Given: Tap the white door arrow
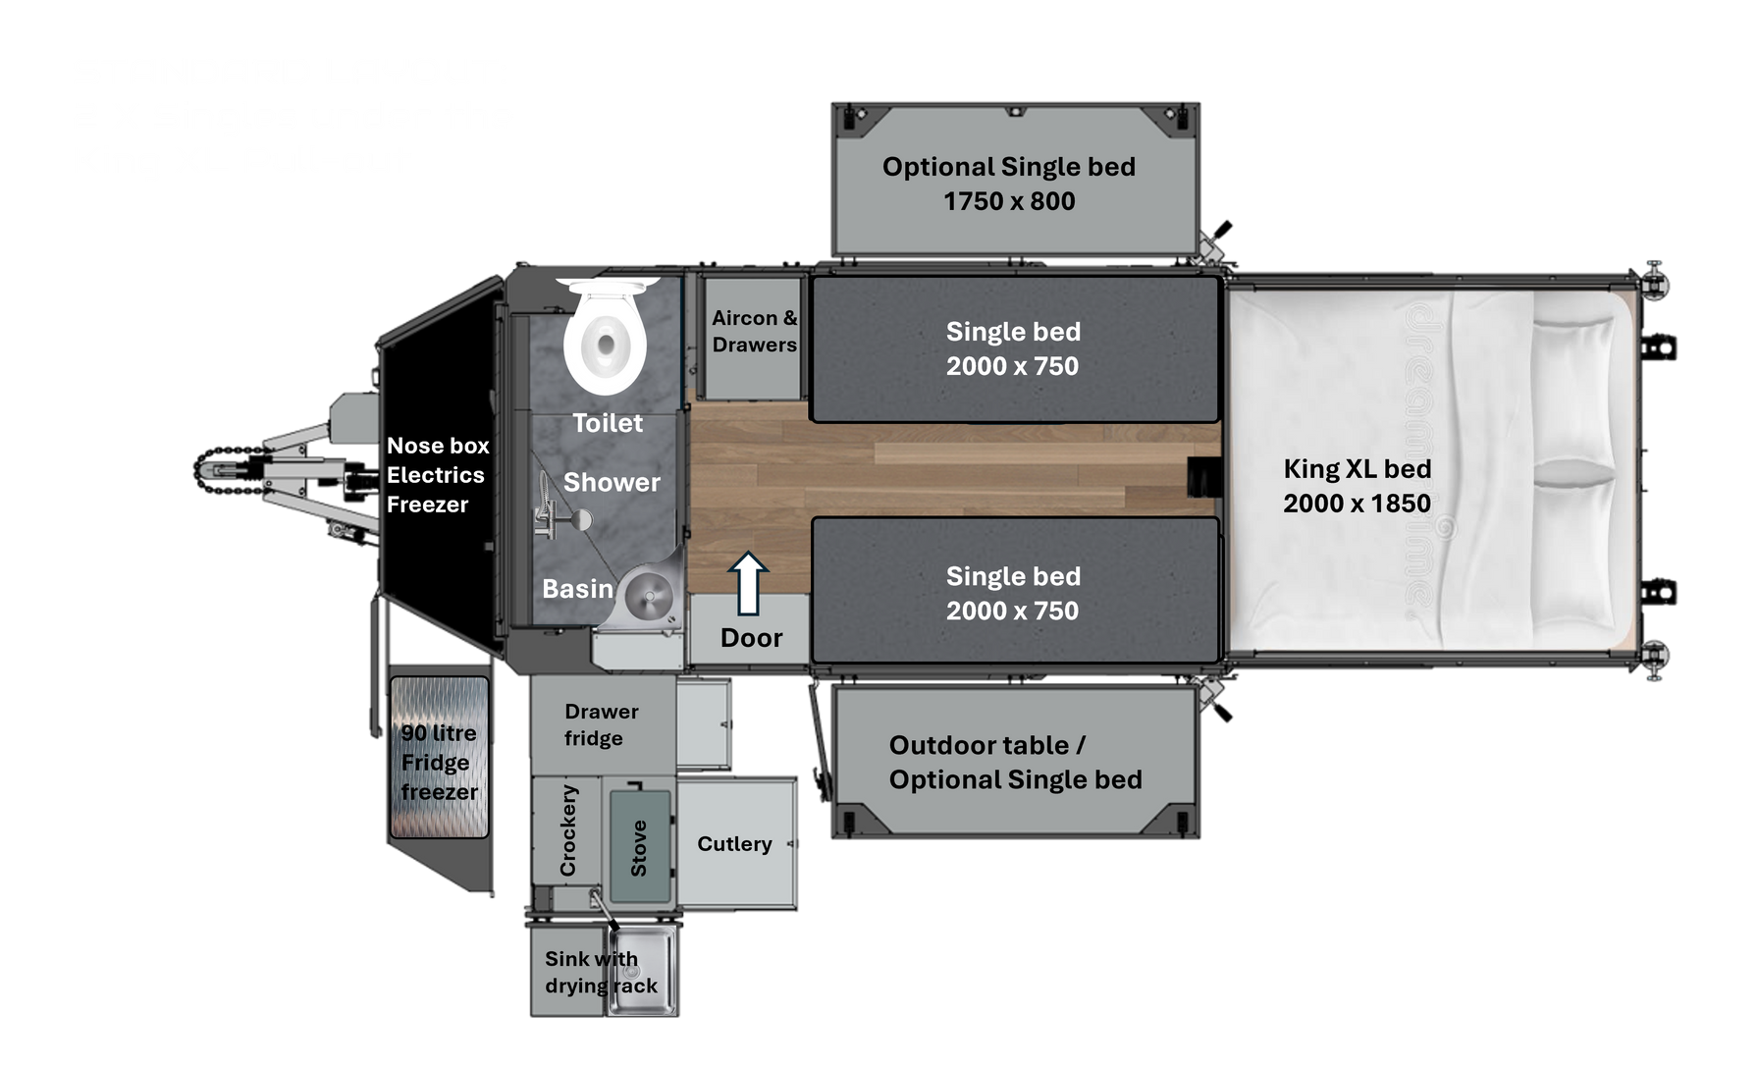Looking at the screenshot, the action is [749, 583].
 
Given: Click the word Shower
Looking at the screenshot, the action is [612, 483].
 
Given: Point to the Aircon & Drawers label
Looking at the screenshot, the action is [754, 332].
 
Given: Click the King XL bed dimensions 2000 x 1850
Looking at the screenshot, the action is [1357, 504].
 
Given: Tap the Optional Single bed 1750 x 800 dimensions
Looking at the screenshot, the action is [1009, 201].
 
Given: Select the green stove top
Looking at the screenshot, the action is [640, 846].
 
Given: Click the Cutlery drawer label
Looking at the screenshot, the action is [734, 844].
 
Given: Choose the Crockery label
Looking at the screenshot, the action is [568, 829].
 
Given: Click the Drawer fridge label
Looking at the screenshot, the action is [601, 724].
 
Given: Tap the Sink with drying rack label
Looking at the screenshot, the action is [601, 972].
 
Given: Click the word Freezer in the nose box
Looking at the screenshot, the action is [427, 505].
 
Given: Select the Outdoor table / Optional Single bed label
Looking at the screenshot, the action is [1016, 763].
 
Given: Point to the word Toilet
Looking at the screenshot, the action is [608, 423].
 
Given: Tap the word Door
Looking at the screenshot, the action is [751, 638].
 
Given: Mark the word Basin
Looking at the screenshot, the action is [577, 589].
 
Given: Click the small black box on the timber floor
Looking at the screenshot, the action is [1203, 476].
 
